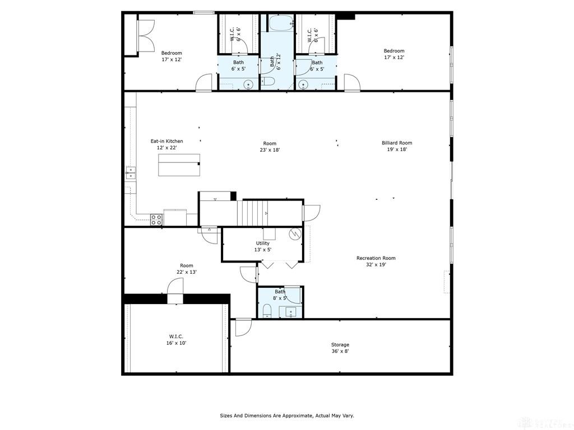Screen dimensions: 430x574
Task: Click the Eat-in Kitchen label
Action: [166, 141]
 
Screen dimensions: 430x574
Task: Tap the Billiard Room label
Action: [397, 143]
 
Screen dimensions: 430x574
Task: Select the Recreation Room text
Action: [376, 258]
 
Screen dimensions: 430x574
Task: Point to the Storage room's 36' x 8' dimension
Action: [340, 352]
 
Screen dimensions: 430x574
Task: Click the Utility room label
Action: [262, 244]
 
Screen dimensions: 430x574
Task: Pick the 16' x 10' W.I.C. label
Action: [176, 343]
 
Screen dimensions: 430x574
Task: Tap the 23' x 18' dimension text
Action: [270, 150]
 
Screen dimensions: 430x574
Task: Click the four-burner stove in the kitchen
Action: [156, 219]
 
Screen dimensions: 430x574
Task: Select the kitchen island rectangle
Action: [179, 165]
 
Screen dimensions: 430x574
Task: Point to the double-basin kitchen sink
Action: [131, 172]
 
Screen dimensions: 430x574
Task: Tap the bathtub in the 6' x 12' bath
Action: [280, 24]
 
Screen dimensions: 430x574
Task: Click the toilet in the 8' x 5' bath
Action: [266, 311]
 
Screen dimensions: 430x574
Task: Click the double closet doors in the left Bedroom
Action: [145, 37]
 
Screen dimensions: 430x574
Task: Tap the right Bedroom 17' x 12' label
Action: [394, 54]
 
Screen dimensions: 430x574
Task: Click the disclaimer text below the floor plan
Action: [286, 415]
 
